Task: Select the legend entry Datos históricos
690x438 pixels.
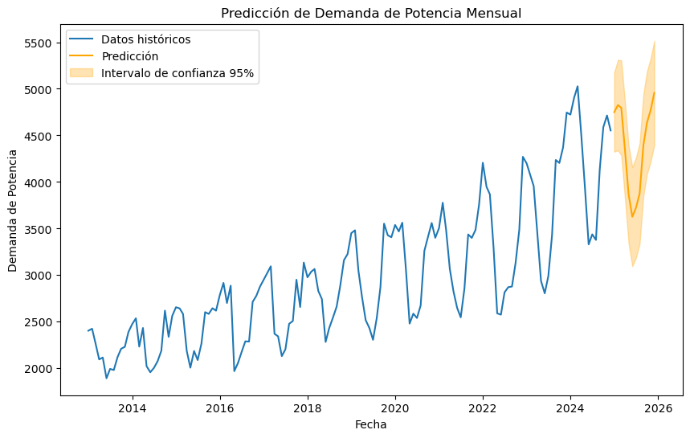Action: pos(151,39)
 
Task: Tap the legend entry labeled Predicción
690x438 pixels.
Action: pos(135,56)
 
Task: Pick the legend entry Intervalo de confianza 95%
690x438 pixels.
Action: pos(183,73)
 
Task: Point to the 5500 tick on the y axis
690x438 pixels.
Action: pos(39,43)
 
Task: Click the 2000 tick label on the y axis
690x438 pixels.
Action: pos(39,368)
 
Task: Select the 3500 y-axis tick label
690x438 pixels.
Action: pos(39,229)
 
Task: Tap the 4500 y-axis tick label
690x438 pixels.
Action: pos(39,136)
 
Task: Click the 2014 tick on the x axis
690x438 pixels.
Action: pos(132,407)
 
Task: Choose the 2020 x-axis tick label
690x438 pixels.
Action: pos(395,407)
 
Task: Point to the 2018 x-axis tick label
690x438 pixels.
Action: pos(308,407)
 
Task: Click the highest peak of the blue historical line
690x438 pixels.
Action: pos(578,86)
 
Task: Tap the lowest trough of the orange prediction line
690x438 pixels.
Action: pos(632,217)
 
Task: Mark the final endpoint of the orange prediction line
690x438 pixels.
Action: pos(655,92)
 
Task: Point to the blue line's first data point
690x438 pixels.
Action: pos(88,331)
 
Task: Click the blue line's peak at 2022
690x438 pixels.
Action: pos(483,163)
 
